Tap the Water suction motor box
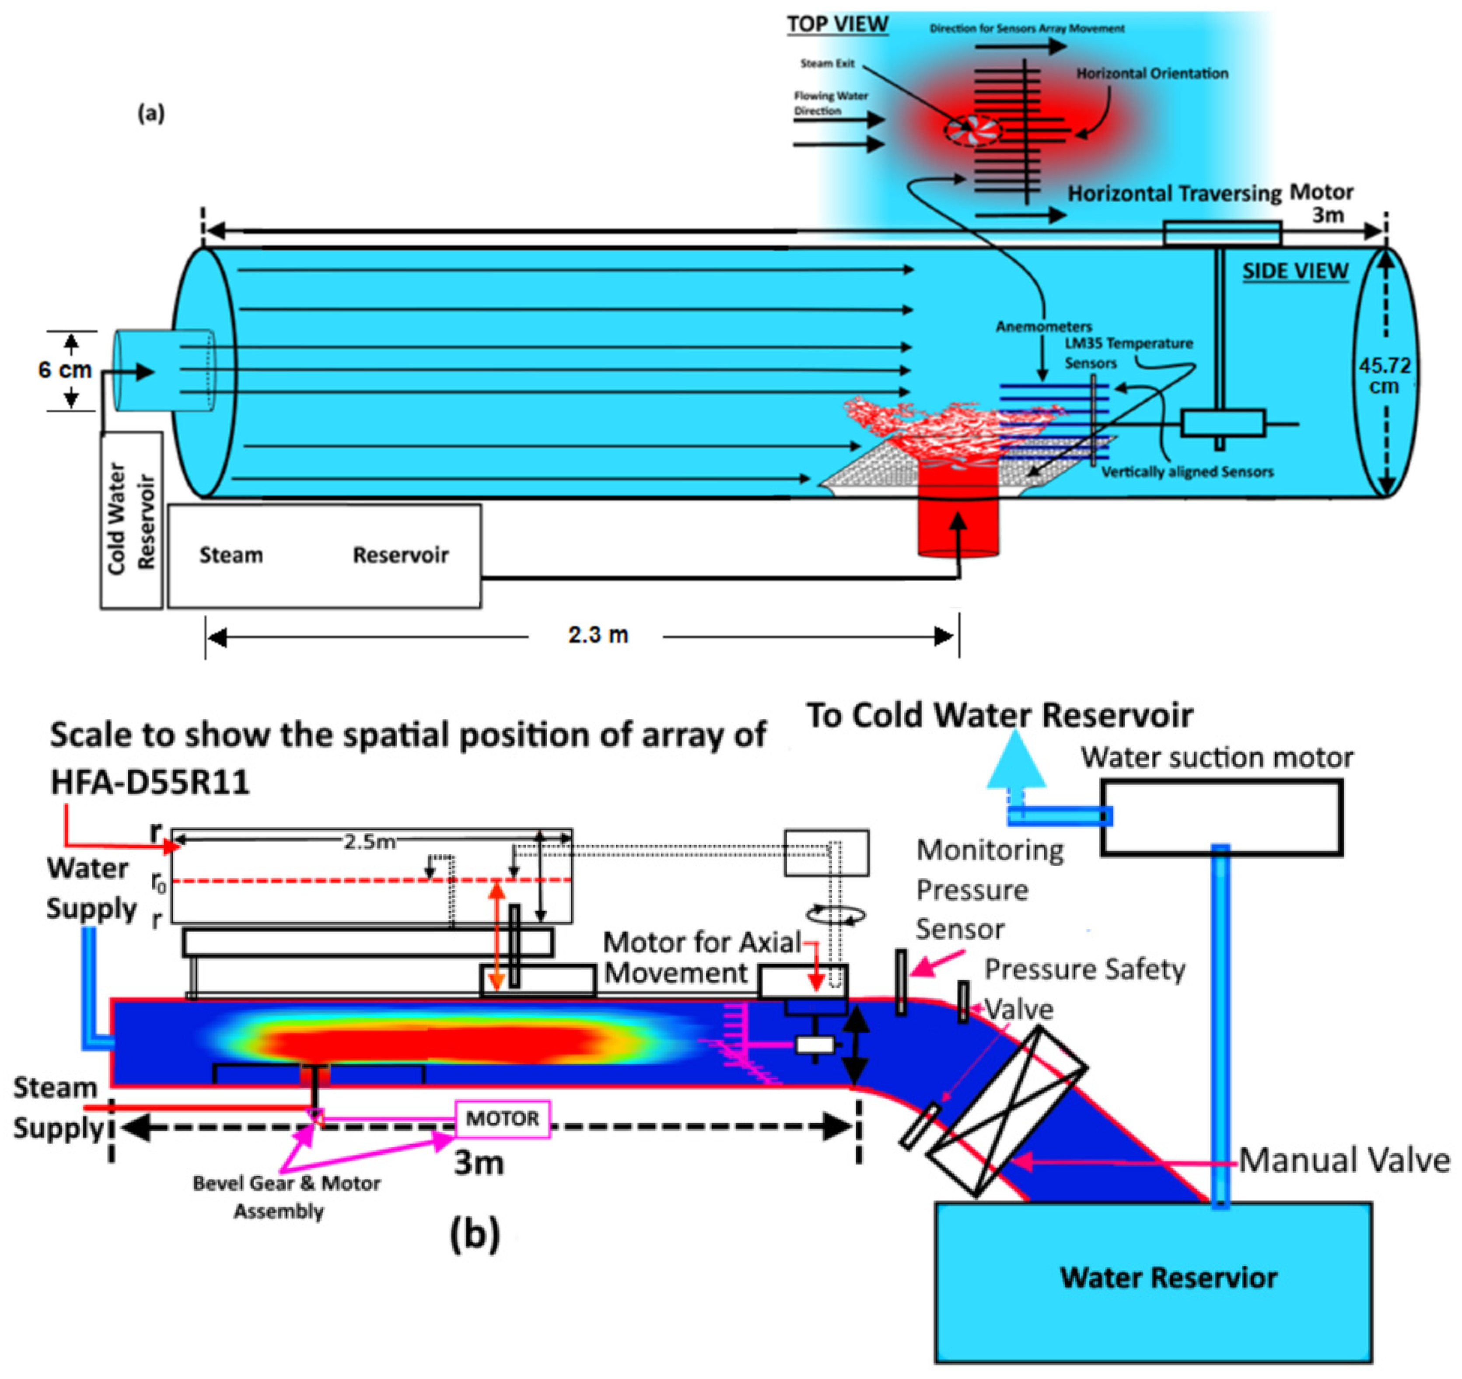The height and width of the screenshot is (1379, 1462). (x=1221, y=818)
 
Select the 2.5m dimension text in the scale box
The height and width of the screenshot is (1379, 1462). (x=369, y=842)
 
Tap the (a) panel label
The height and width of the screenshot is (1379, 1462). (x=151, y=113)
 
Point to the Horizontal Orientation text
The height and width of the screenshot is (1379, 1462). (x=1152, y=73)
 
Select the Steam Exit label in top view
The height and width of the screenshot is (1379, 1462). (x=827, y=63)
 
